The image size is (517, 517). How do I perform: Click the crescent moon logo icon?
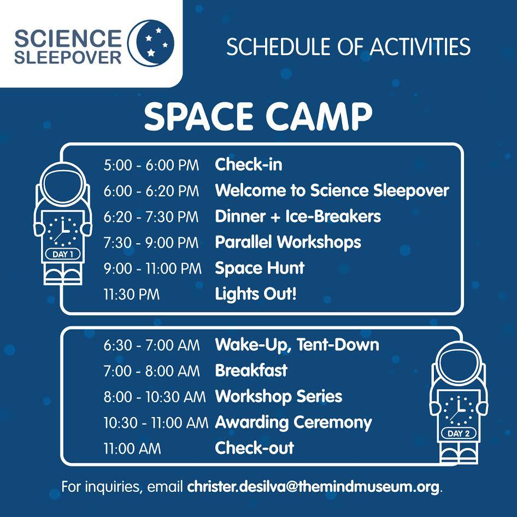coord(151,43)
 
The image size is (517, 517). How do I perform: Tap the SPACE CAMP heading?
coord(258,116)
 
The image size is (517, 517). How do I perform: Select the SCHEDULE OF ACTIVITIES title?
coord(348,46)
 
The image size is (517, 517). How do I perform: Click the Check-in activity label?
coord(249,164)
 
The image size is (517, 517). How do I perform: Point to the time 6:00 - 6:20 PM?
coord(151,191)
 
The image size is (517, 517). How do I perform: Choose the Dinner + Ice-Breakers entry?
coord(298,216)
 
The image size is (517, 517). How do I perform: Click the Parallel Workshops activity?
coord(288,242)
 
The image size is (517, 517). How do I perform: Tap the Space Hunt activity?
coord(260,268)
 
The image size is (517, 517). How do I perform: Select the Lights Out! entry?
coord(256,294)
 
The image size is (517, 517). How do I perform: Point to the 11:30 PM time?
coord(132,294)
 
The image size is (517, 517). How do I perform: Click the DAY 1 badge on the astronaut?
coord(63,254)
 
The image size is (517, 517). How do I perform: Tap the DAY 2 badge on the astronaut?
coord(459,433)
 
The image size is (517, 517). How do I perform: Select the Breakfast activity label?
coord(251,371)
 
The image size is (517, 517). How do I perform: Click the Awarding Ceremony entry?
coord(293,422)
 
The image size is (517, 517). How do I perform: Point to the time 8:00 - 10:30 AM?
coord(155,397)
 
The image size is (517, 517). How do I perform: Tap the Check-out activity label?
coord(254,448)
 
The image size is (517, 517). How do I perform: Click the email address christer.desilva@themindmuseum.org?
coord(313,487)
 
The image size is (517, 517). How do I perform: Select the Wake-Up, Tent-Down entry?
coord(297,345)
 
